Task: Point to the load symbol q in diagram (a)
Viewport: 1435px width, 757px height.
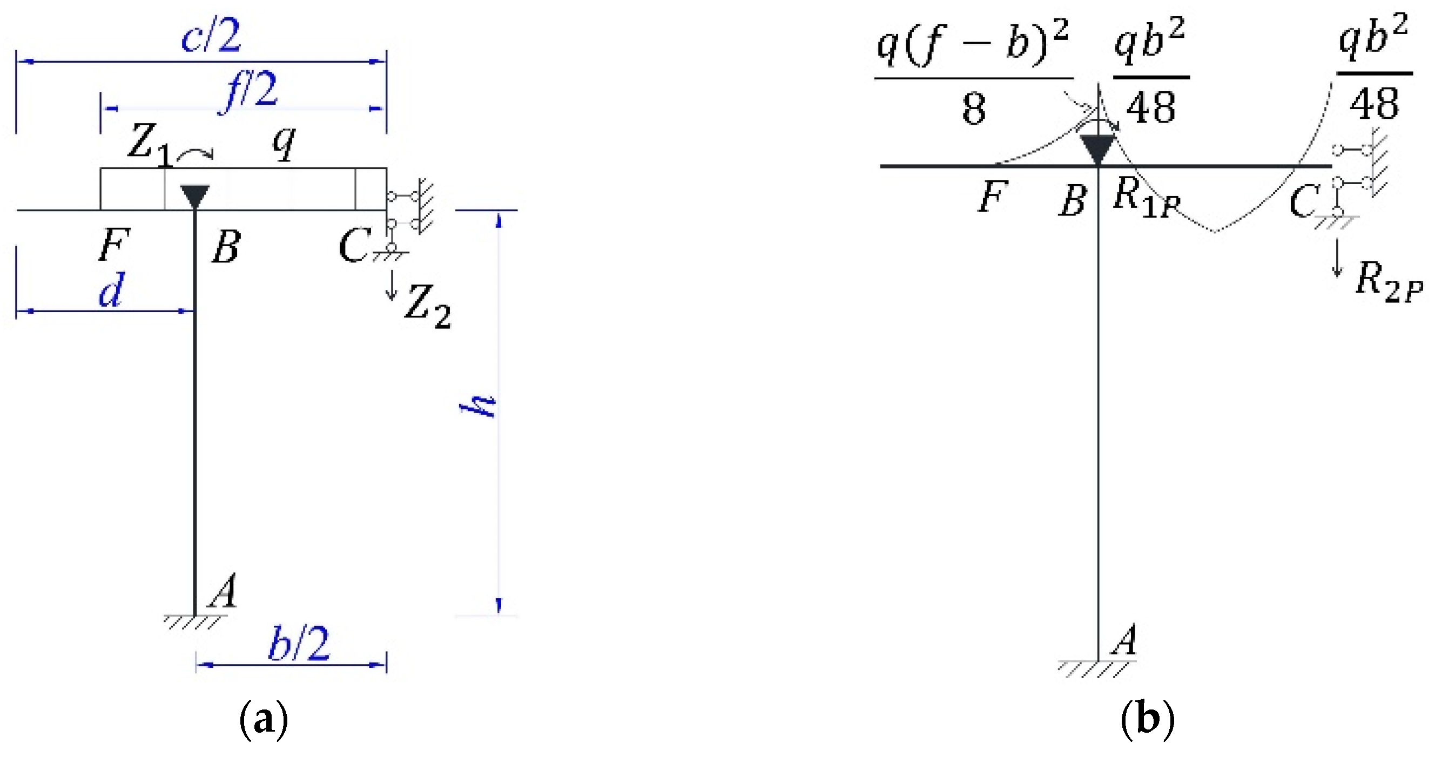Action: coord(284,144)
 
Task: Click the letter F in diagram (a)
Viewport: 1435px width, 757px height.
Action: coord(114,245)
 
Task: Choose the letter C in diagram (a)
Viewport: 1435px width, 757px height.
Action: coord(353,245)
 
